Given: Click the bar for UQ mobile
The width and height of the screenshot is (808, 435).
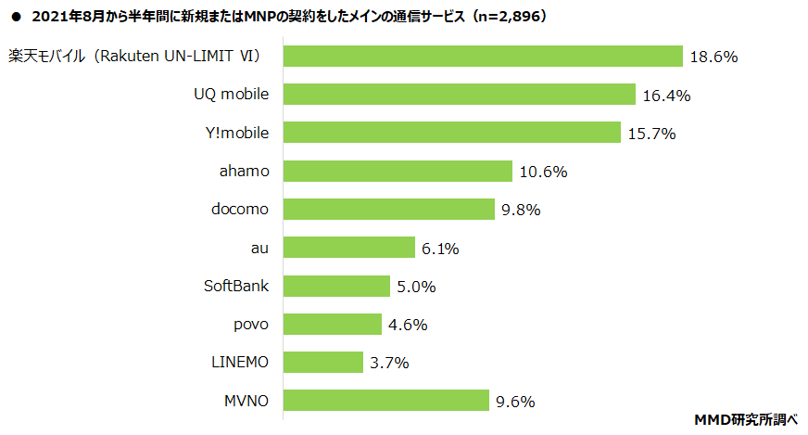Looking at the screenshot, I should pos(459,95).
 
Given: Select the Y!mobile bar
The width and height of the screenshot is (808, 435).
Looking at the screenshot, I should pos(451,133).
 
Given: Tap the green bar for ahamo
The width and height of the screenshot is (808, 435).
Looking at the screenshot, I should pos(398,171).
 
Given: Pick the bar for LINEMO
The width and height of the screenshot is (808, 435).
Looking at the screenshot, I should pos(322,362).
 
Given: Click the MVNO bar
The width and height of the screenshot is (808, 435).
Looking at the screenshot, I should pos(385,401).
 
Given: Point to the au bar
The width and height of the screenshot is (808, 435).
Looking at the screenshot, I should pos(348,248).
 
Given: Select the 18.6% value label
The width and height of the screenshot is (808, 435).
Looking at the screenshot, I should pos(713,57).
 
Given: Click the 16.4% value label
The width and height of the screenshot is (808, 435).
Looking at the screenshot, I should pos(665,96).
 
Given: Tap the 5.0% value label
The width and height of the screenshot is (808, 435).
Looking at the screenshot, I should pos(416,287).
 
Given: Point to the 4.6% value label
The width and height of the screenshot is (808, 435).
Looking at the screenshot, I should pos(409,325).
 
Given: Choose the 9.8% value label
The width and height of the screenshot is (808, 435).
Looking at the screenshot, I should pos(521,210).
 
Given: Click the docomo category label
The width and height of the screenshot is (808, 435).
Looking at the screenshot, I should pos(240,209).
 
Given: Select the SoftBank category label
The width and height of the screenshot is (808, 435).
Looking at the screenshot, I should pos(236,286).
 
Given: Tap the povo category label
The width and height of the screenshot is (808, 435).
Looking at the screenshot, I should pos(251,324).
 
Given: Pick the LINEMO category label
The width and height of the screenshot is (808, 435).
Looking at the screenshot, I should pos(239,362).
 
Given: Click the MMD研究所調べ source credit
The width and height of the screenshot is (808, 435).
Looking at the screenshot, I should pos(746,419).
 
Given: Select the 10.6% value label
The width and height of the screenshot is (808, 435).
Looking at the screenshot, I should pos(543,172).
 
